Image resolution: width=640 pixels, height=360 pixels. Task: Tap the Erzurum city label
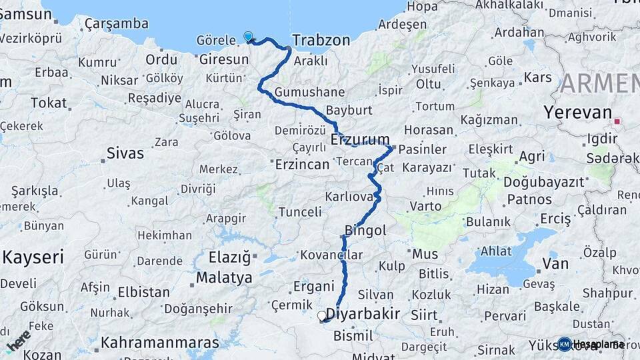pyautogui.click(x=360, y=139)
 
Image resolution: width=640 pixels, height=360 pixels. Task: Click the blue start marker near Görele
pyautogui.click(x=249, y=37)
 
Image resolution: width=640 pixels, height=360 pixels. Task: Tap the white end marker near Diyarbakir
pyautogui.click(x=322, y=316)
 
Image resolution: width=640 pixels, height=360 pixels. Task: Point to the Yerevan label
pyautogui.click(x=577, y=112)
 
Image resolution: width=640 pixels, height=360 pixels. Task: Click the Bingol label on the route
pyautogui.click(x=365, y=231)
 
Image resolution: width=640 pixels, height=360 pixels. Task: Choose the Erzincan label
pyautogui.click(x=302, y=164)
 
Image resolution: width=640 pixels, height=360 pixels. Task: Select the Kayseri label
pyautogui.click(x=33, y=257)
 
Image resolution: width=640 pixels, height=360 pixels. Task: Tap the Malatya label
pyautogui.click(x=224, y=277)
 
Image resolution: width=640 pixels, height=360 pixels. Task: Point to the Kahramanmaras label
pyautogui.click(x=159, y=343)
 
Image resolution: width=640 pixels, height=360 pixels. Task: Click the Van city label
pyautogui.click(x=555, y=264)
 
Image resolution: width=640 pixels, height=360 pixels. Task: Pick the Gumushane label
pyautogui.click(x=309, y=92)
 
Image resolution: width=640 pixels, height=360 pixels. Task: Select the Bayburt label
pyautogui.click(x=348, y=109)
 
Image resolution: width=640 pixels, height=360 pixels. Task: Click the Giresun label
pyautogui.click(x=224, y=59)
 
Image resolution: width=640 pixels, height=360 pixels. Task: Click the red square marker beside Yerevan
pyautogui.click(x=617, y=122)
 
